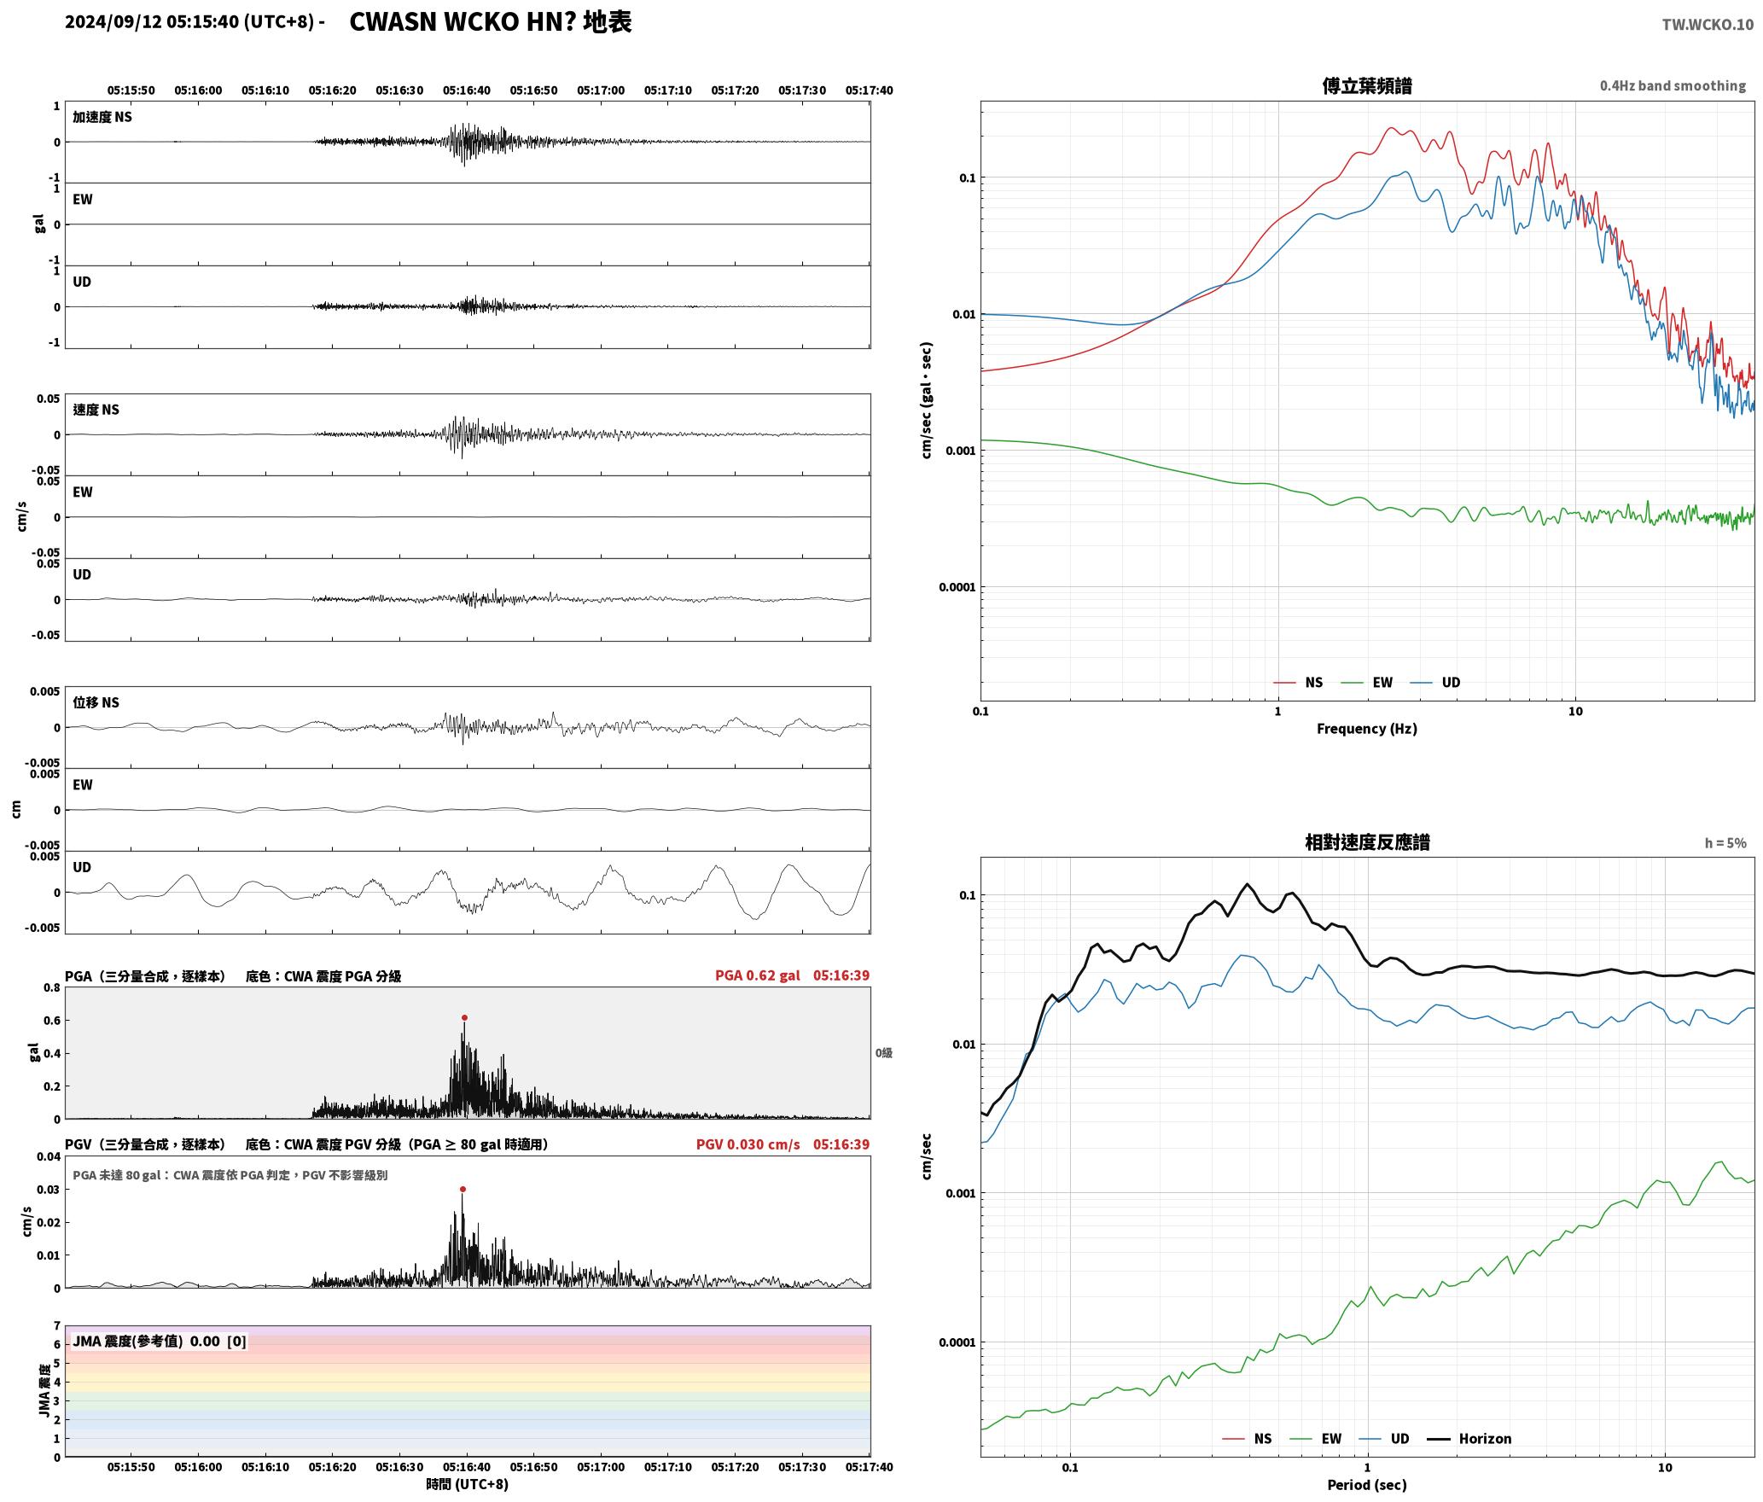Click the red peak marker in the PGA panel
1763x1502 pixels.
click(x=464, y=1017)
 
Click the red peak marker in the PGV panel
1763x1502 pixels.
click(x=463, y=1189)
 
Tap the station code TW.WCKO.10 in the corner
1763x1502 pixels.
click(x=1708, y=25)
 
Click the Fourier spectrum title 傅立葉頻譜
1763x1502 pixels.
click(x=1366, y=85)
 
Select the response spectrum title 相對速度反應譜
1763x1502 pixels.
click(x=1367, y=842)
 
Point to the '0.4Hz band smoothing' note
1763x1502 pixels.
click(x=1673, y=85)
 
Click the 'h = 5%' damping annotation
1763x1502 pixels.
click(x=1725, y=843)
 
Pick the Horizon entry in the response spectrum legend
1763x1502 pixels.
click(x=1469, y=1438)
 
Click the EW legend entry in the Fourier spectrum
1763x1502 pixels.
click(x=1367, y=682)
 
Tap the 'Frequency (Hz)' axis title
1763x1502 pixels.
click(x=1366, y=728)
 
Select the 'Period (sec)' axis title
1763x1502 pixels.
click(x=1366, y=1485)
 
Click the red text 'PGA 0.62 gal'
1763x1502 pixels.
click(x=758, y=975)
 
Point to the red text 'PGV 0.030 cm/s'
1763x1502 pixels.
click(x=748, y=1144)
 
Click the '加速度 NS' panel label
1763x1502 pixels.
click(x=102, y=117)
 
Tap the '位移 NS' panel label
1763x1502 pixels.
click(x=96, y=702)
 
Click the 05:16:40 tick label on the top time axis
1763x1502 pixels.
click(x=467, y=90)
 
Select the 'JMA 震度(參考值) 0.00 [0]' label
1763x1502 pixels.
click(x=160, y=1341)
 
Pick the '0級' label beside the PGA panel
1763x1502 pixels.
click(x=884, y=1053)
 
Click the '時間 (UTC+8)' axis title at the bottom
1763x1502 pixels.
click(x=468, y=1484)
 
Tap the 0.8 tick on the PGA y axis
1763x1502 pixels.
click(x=52, y=988)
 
